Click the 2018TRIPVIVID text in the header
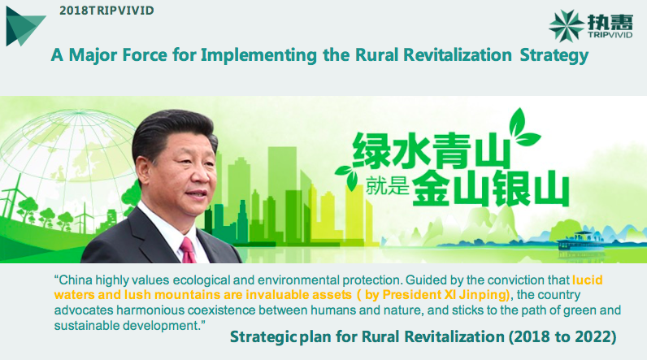point(106,11)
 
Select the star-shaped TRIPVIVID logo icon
point(566,26)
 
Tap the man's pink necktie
point(187,250)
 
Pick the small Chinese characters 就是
point(387,186)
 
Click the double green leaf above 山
point(522,128)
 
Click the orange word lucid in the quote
point(587,280)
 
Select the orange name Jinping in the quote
point(483,295)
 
